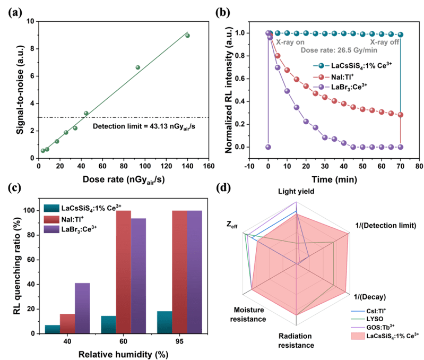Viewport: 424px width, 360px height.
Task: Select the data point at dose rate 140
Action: tap(187, 36)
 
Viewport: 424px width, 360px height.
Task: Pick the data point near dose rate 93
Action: tap(137, 67)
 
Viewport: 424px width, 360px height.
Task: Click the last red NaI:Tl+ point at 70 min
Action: tap(400, 115)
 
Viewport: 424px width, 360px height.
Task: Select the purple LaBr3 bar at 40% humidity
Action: tap(82, 308)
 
